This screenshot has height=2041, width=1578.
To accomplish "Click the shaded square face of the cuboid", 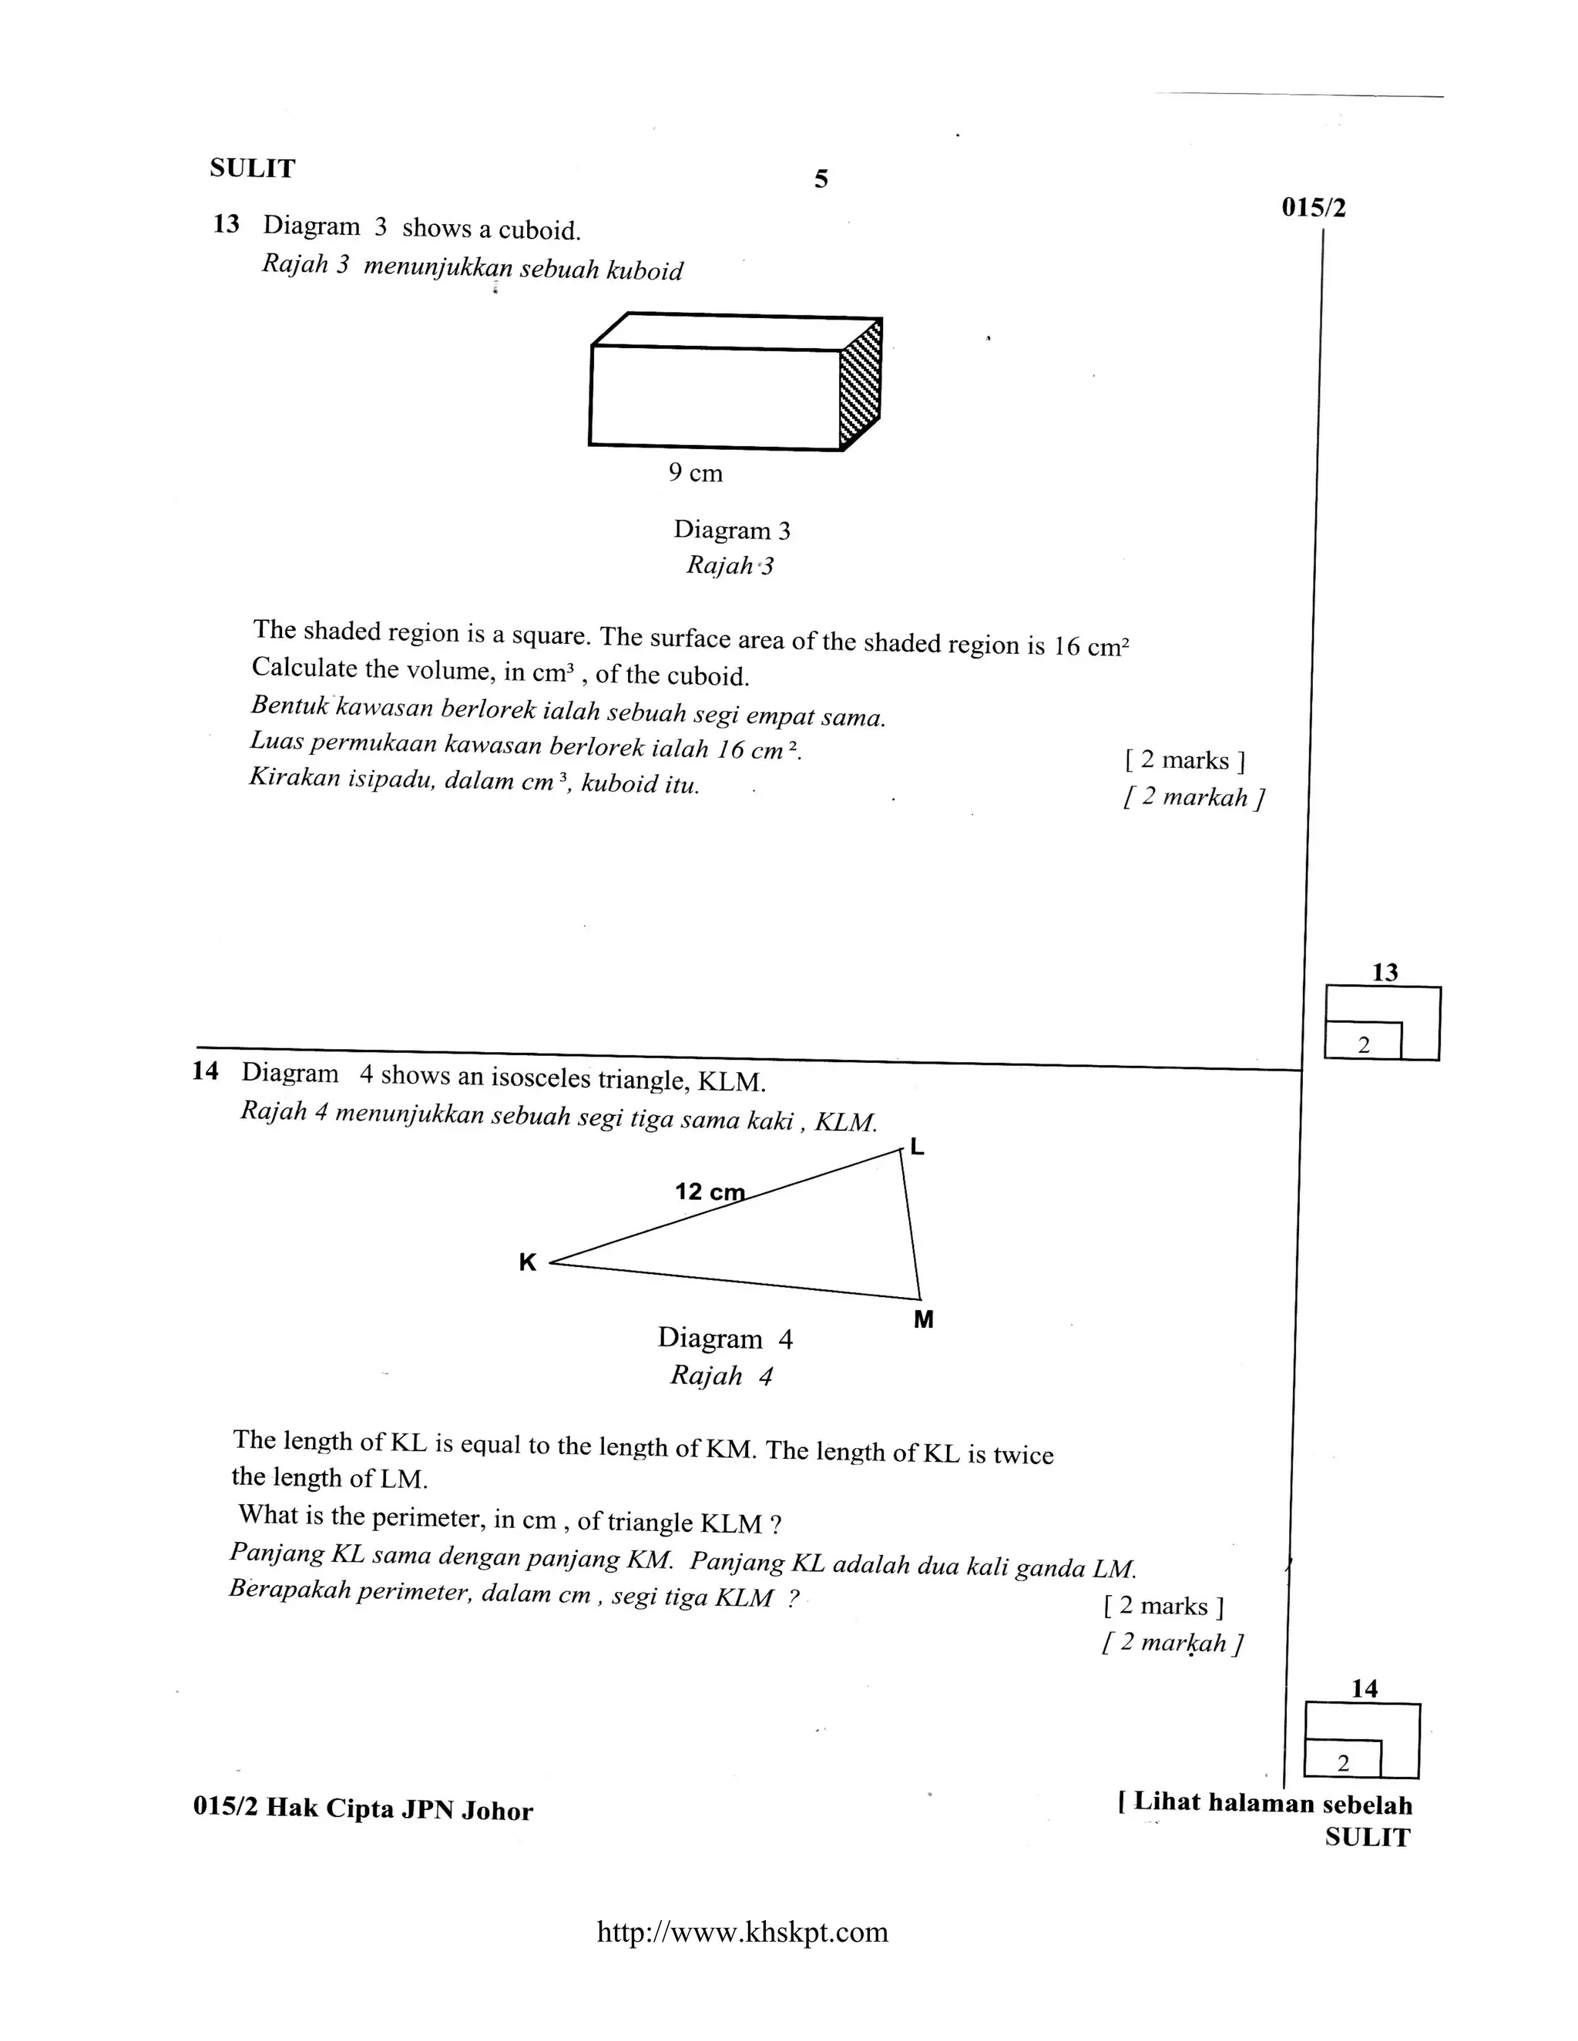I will coord(861,385).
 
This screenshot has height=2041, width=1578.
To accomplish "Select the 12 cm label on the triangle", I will coord(710,1191).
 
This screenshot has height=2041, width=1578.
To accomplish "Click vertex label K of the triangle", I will coord(527,1262).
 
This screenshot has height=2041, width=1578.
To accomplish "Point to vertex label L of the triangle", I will coord(917,1147).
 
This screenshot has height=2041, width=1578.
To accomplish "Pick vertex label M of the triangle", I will coord(924,1319).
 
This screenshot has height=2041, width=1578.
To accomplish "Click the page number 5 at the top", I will coord(821,179).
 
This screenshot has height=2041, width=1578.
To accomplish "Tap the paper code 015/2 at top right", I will coord(1314,207).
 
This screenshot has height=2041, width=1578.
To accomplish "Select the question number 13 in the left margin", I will coord(227,224).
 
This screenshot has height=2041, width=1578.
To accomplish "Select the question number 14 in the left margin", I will coord(205,1071).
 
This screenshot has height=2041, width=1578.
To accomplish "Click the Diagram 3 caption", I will coord(732,530).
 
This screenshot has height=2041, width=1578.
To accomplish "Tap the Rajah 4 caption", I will coord(720,1376).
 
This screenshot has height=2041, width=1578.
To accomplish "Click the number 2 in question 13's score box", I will coord(1363,1046).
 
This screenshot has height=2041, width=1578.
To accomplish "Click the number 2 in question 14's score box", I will coord(1343,1764).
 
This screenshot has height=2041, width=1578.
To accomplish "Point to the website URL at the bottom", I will coord(742,1932).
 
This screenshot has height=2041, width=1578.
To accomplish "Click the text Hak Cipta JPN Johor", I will coord(399,1809).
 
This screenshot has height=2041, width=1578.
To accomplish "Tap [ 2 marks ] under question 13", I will coord(1184,761).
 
